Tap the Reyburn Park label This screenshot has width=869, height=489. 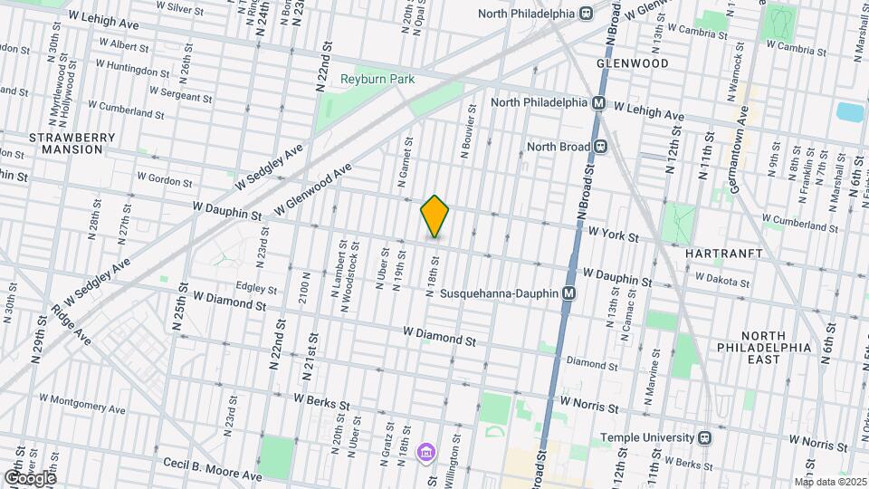click(x=377, y=80)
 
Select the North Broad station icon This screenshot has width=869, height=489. click(x=600, y=146)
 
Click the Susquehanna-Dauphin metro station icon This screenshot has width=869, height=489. click(x=569, y=293)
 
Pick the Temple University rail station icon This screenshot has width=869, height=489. click(x=704, y=437)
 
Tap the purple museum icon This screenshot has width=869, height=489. click(x=425, y=451)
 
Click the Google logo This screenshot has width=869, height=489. click(x=30, y=477)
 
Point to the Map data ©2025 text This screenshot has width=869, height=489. click(x=829, y=482)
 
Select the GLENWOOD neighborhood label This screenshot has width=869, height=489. click(x=633, y=63)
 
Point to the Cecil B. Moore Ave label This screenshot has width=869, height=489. click(x=213, y=469)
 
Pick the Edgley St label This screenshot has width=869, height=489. click(x=255, y=289)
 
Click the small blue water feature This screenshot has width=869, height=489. click(x=850, y=112)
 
